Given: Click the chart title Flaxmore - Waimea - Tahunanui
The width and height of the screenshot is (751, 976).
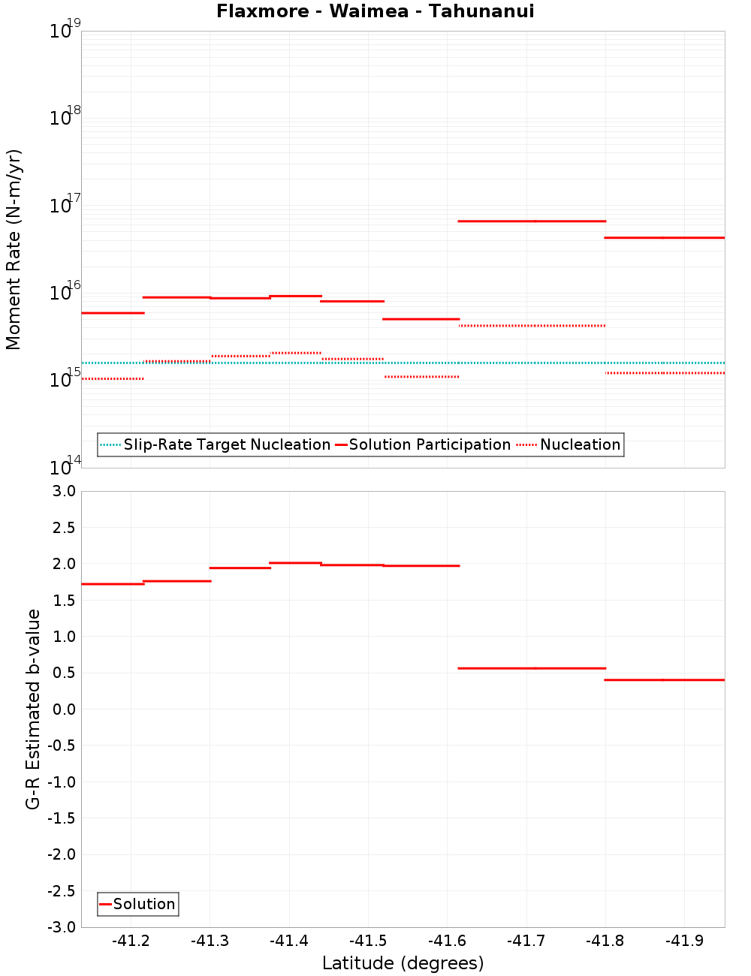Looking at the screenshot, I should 375,11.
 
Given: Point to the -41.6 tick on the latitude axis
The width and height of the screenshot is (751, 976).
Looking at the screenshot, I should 448,941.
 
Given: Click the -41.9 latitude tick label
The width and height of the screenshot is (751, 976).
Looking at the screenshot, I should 685,941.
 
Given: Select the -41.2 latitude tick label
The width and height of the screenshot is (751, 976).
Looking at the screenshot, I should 131,941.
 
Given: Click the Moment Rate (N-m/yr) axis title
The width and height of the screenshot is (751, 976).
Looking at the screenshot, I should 14,249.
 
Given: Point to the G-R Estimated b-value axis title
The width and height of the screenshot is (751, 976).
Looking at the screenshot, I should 33,709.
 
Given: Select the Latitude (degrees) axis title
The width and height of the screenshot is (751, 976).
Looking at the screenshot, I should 403,963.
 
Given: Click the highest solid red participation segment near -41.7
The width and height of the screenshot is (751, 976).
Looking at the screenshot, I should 532,221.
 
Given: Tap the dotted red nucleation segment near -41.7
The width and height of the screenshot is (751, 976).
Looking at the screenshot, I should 532,325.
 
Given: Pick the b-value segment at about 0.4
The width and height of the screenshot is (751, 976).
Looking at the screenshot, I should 665,679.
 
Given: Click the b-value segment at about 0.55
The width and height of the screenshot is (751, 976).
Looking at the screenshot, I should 532,668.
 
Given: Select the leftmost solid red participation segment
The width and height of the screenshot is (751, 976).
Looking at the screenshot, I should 113,312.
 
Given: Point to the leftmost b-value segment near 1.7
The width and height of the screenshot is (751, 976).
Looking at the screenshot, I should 113,583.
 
